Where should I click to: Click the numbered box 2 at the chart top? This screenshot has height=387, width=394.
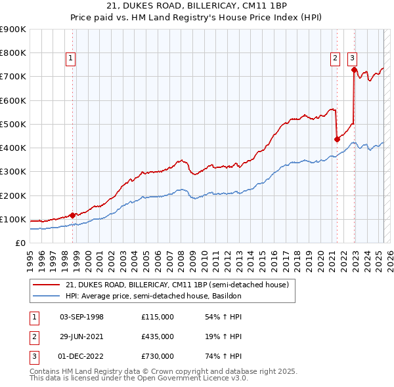point(335,58)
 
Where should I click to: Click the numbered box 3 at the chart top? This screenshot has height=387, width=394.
point(352,58)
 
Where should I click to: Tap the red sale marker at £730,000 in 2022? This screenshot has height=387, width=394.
point(354,70)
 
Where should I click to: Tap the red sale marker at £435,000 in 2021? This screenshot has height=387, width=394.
point(337,139)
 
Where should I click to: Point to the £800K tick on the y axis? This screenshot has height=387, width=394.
point(14,53)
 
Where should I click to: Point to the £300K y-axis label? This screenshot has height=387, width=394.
point(14,172)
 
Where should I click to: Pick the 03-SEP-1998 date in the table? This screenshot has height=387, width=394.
point(81,317)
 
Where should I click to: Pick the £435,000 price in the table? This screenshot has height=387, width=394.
point(158,336)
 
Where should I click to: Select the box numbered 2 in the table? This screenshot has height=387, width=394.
point(32,336)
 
